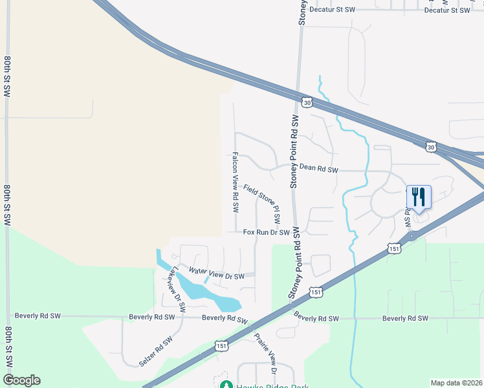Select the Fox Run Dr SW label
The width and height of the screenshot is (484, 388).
[x=265, y=232]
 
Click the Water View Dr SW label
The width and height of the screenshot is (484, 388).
[x=217, y=273]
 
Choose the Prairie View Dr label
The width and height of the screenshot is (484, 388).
[x=266, y=354]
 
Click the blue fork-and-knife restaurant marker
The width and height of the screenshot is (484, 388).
[x=418, y=196]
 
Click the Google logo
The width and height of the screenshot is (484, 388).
[x=21, y=380]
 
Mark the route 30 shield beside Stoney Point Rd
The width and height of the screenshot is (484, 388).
[x=307, y=102]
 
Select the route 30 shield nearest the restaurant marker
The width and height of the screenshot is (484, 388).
[x=431, y=147]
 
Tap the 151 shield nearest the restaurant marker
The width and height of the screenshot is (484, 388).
[x=394, y=248]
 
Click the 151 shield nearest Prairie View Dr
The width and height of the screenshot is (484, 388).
[x=221, y=347]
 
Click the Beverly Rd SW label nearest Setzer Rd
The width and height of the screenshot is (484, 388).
[x=152, y=317]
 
